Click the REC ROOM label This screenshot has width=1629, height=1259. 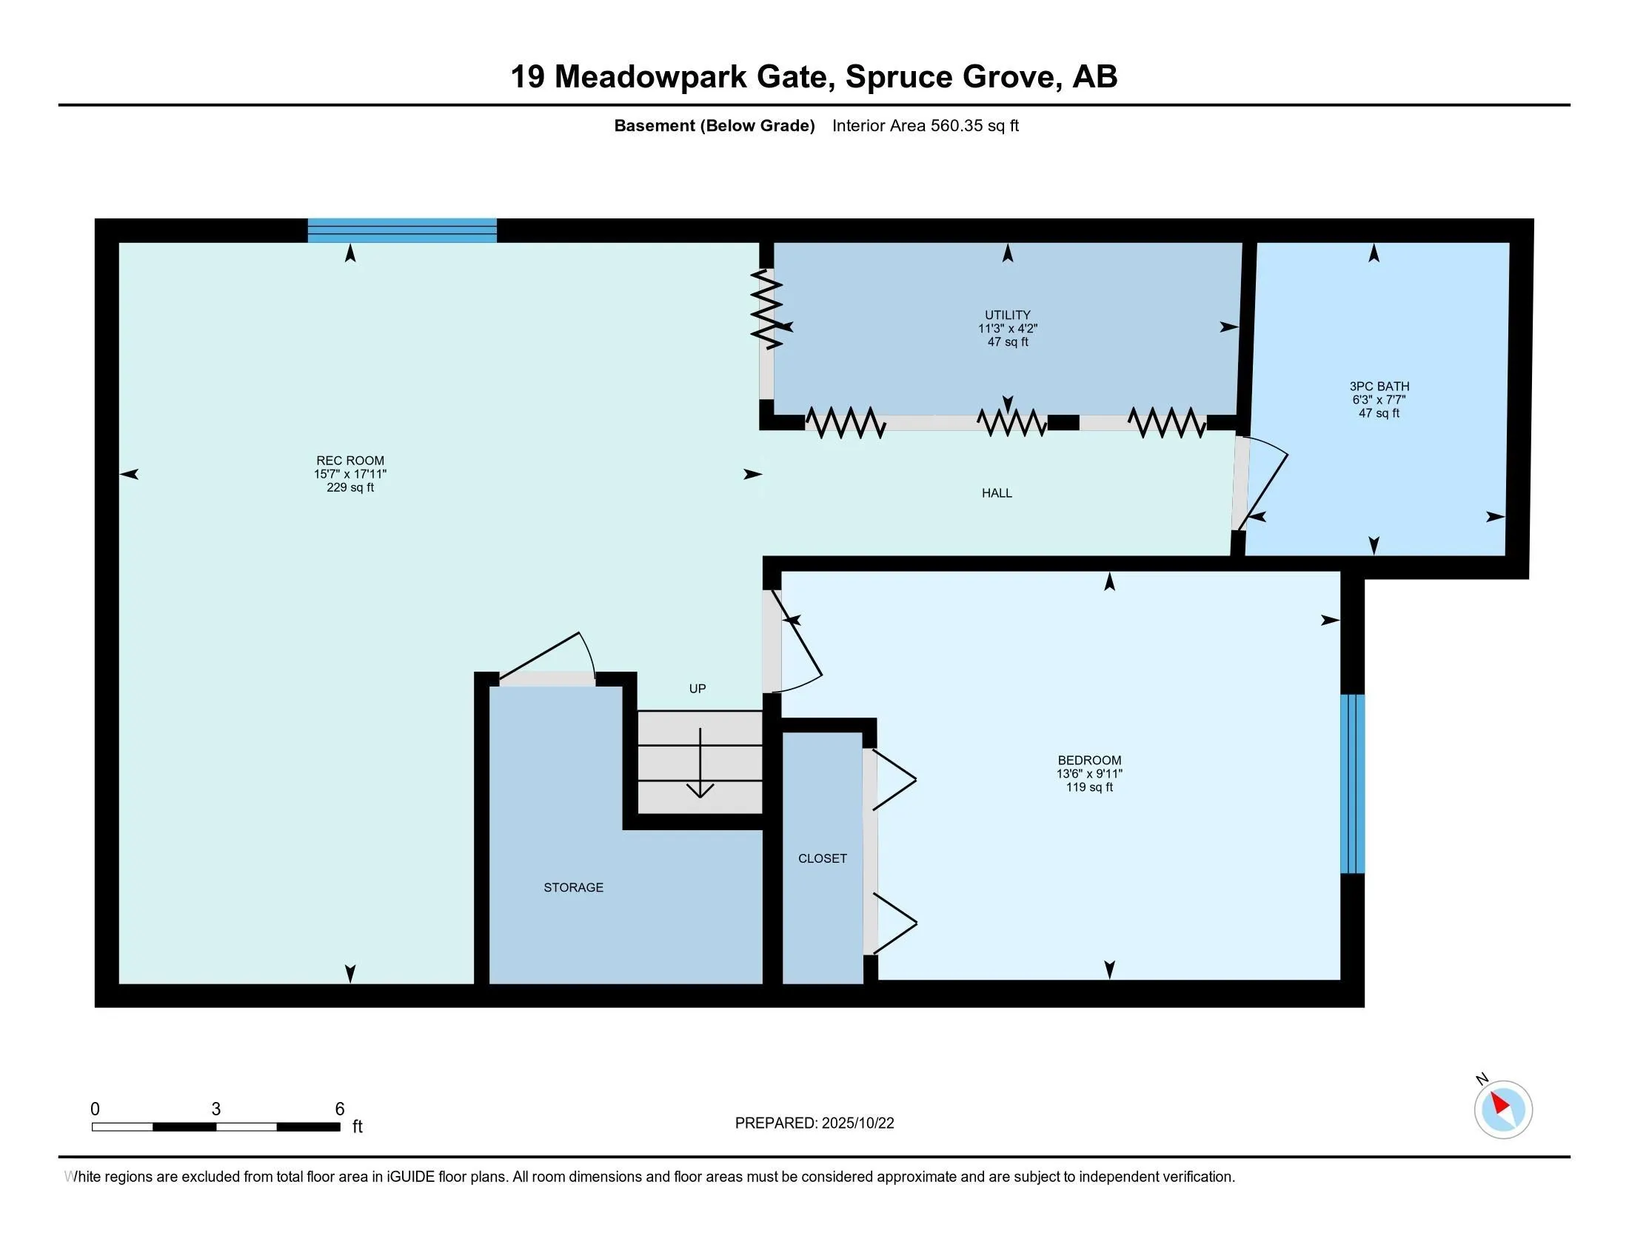click(349, 461)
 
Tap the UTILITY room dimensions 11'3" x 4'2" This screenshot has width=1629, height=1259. click(1008, 328)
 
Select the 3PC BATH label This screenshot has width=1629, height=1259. click(1379, 387)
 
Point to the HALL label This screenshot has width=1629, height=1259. click(997, 493)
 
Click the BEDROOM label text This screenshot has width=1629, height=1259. click(1089, 761)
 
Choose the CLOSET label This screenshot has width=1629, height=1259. click(822, 858)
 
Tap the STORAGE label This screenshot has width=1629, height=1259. click(573, 887)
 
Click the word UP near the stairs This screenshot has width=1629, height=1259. click(697, 689)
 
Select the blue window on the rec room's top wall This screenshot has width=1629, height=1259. click(402, 230)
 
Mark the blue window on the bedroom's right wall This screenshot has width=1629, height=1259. click(1352, 783)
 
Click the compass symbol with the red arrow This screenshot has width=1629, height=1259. click(1502, 1109)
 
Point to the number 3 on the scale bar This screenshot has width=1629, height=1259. click(215, 1109)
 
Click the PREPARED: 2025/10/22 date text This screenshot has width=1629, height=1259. click(814, 1123)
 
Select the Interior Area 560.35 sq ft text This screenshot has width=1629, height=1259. click(925, 126)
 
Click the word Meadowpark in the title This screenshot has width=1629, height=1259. click(650, 77)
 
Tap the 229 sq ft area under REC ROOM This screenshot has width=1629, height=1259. click(349, 488)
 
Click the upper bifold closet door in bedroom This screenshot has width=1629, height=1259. click(894, 780)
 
